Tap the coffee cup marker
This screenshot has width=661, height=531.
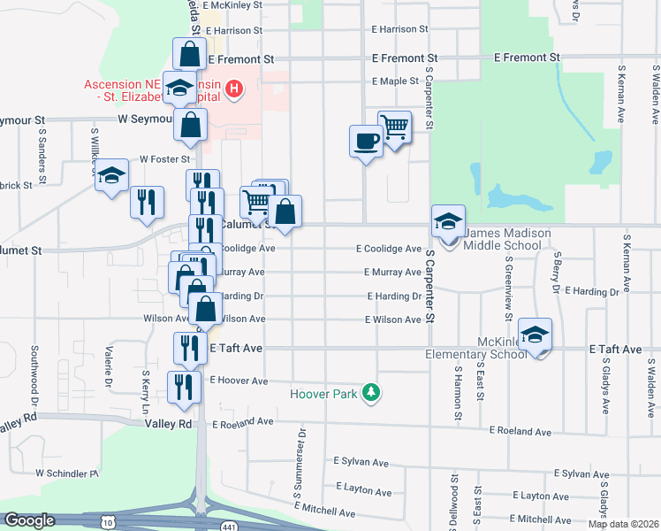pyautogui.click(x=366, y=141)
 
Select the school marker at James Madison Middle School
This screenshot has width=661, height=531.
pyautogui.click(x=448, y=222)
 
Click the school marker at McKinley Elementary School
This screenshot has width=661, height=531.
pyautogui.click(x=535, y=335)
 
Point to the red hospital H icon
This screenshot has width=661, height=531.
pyautogui.click(x=233, y=88)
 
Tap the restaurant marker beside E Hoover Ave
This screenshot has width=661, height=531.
pyautogui.click(x=185, y=386)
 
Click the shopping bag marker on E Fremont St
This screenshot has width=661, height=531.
pyautogui.click(x=190, y=54)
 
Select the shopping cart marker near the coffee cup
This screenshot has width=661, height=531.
pyautogui.click(x=394, y=127)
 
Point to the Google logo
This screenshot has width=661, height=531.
pyautogui.click(x=29, y=520)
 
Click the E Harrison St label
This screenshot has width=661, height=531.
pyautogui.click(x=399, y=29)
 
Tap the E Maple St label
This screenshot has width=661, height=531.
pyautogui.click(x=395, y=81)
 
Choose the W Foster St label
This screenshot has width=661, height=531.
pyautogui.click(x=165, y=160)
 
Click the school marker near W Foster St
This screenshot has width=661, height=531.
pyautogui.click(x=111, y=177)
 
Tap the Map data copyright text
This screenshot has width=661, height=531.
pyautogui.click(x=622, y=524)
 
